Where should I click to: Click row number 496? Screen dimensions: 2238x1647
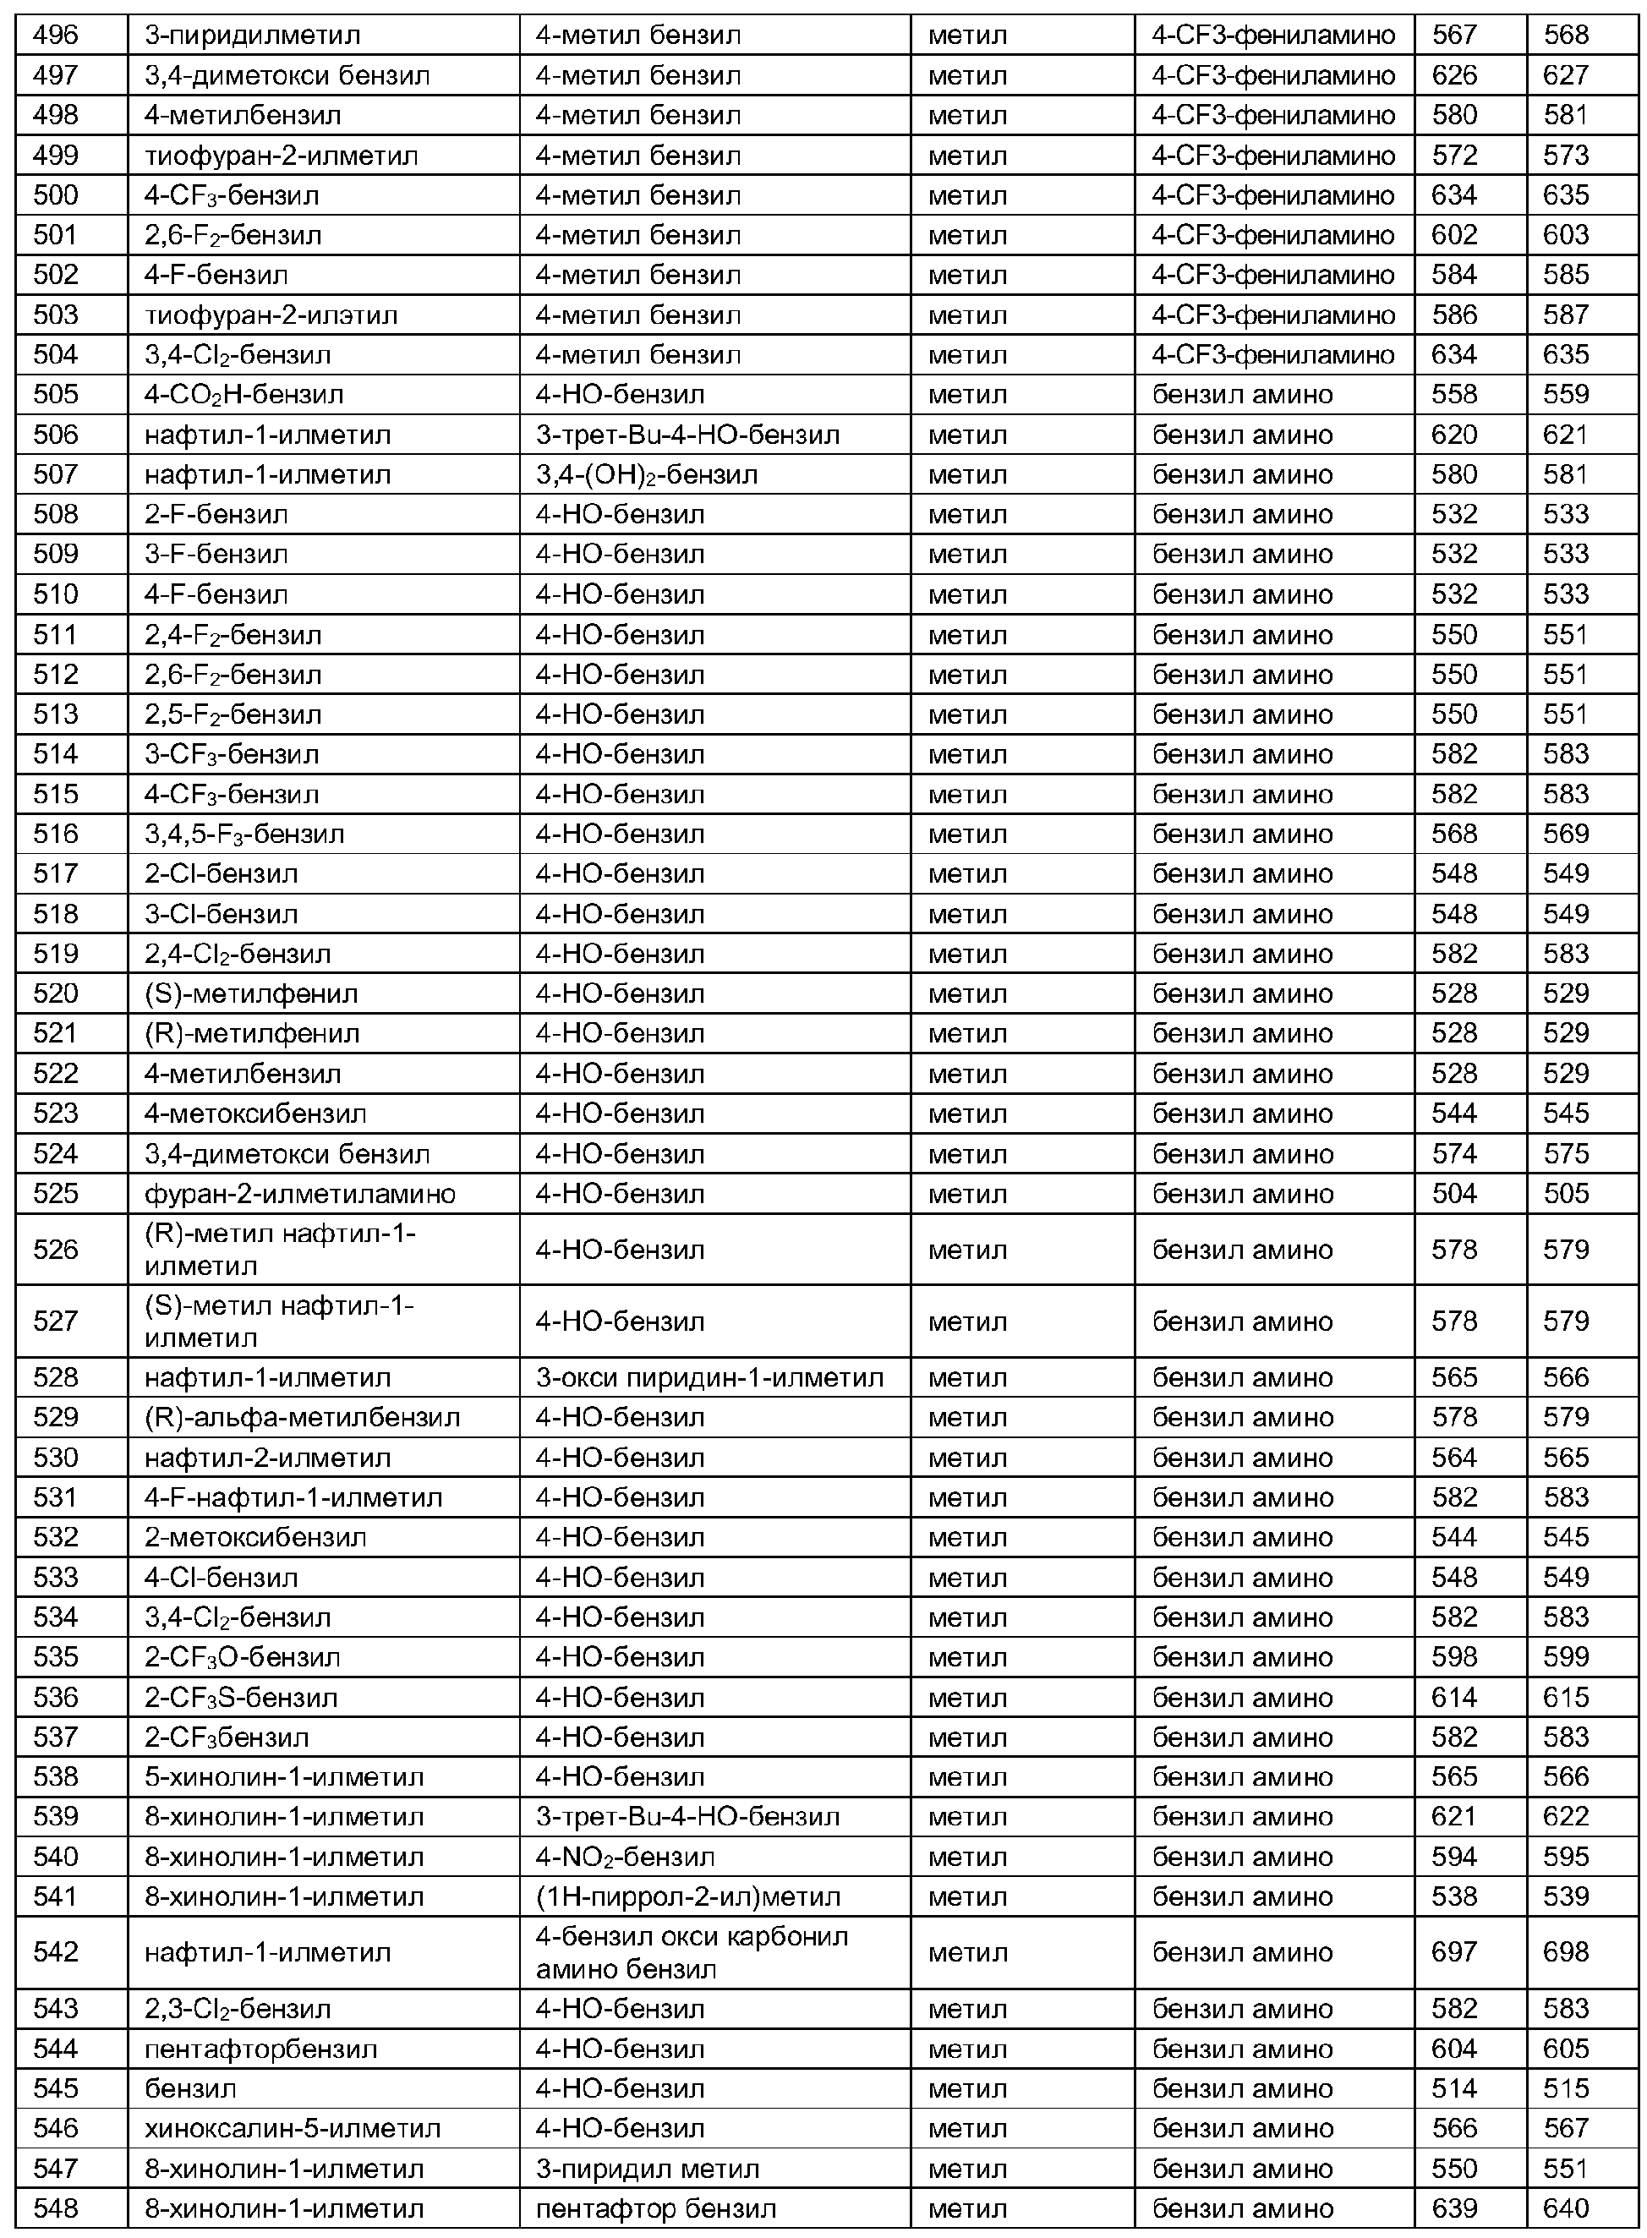coord(56,35)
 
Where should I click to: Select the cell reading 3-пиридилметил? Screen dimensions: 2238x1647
coord(252,35)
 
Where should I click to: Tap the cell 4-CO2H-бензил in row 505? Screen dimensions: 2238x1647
coord(243,395)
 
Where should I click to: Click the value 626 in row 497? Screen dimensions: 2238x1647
coord(1453,74)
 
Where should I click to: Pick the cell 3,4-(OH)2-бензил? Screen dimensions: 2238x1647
coord(646,474)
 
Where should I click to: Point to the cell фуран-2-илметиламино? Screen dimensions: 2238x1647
coord(299,1193)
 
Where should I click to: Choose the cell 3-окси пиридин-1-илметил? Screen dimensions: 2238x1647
coord(709,1376)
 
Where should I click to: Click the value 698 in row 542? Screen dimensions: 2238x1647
coord(1565,1952)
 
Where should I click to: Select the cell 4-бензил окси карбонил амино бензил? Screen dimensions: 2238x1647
coord(691,1952)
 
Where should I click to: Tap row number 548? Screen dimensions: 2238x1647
coord(56,2208)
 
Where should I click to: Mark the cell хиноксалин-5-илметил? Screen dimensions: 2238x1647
coord(292,2128)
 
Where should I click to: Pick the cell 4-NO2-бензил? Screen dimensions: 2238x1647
coord(625,1856)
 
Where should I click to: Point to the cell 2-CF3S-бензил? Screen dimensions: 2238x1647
coord(240,1697)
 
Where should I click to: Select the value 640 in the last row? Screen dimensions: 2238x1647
coord(1565,2208)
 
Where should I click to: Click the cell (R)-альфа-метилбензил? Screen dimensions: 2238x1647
coord(302,1416)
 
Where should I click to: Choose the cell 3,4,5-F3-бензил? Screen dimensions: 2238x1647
coord(244,834)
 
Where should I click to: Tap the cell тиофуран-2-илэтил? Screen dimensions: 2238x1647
coord(271,315)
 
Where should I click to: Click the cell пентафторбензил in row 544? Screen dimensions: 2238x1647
coord(260,2049)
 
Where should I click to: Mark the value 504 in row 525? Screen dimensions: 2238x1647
coord(1453,1193)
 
